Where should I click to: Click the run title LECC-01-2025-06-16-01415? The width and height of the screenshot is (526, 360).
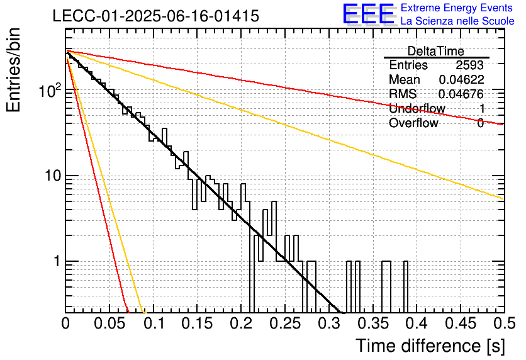coord(156,16)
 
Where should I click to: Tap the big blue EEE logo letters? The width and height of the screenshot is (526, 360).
coord(368,14)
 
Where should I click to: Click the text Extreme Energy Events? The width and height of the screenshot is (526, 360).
coord(457,8)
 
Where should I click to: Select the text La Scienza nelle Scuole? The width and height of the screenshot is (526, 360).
coord(457,21)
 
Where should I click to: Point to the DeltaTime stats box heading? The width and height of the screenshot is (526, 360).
coord(435,51)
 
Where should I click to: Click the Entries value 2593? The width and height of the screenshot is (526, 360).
coord(469,65)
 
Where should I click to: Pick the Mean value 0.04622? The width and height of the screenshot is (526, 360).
coord(461,79)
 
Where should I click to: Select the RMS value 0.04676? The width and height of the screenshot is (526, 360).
coord(461,94)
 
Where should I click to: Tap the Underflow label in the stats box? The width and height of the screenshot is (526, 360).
coord(417,108)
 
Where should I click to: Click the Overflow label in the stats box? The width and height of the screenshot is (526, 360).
coord(413,123)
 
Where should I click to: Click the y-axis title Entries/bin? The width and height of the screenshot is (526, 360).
coord(13,70)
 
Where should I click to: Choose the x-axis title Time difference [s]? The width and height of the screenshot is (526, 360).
coord(430,346)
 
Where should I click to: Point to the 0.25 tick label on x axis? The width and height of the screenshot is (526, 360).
coord(285,323)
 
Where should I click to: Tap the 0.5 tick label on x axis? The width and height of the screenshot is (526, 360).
coord(504,323)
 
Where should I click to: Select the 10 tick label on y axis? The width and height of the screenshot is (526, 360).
coord(53,176)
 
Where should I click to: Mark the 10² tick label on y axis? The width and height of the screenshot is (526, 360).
coord(50,90)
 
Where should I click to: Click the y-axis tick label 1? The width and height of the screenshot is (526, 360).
coord(57,261)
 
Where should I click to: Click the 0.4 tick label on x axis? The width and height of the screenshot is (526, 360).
coord(417,323)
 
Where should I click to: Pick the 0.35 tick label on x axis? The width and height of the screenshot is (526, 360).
coord(372,323)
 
